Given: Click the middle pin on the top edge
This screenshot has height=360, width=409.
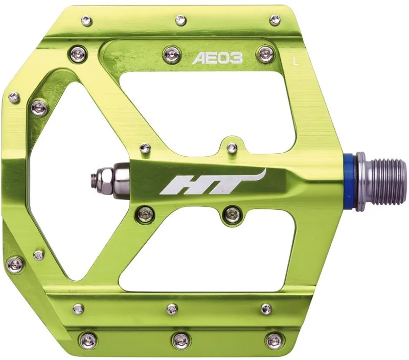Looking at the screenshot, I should pos(180,20).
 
